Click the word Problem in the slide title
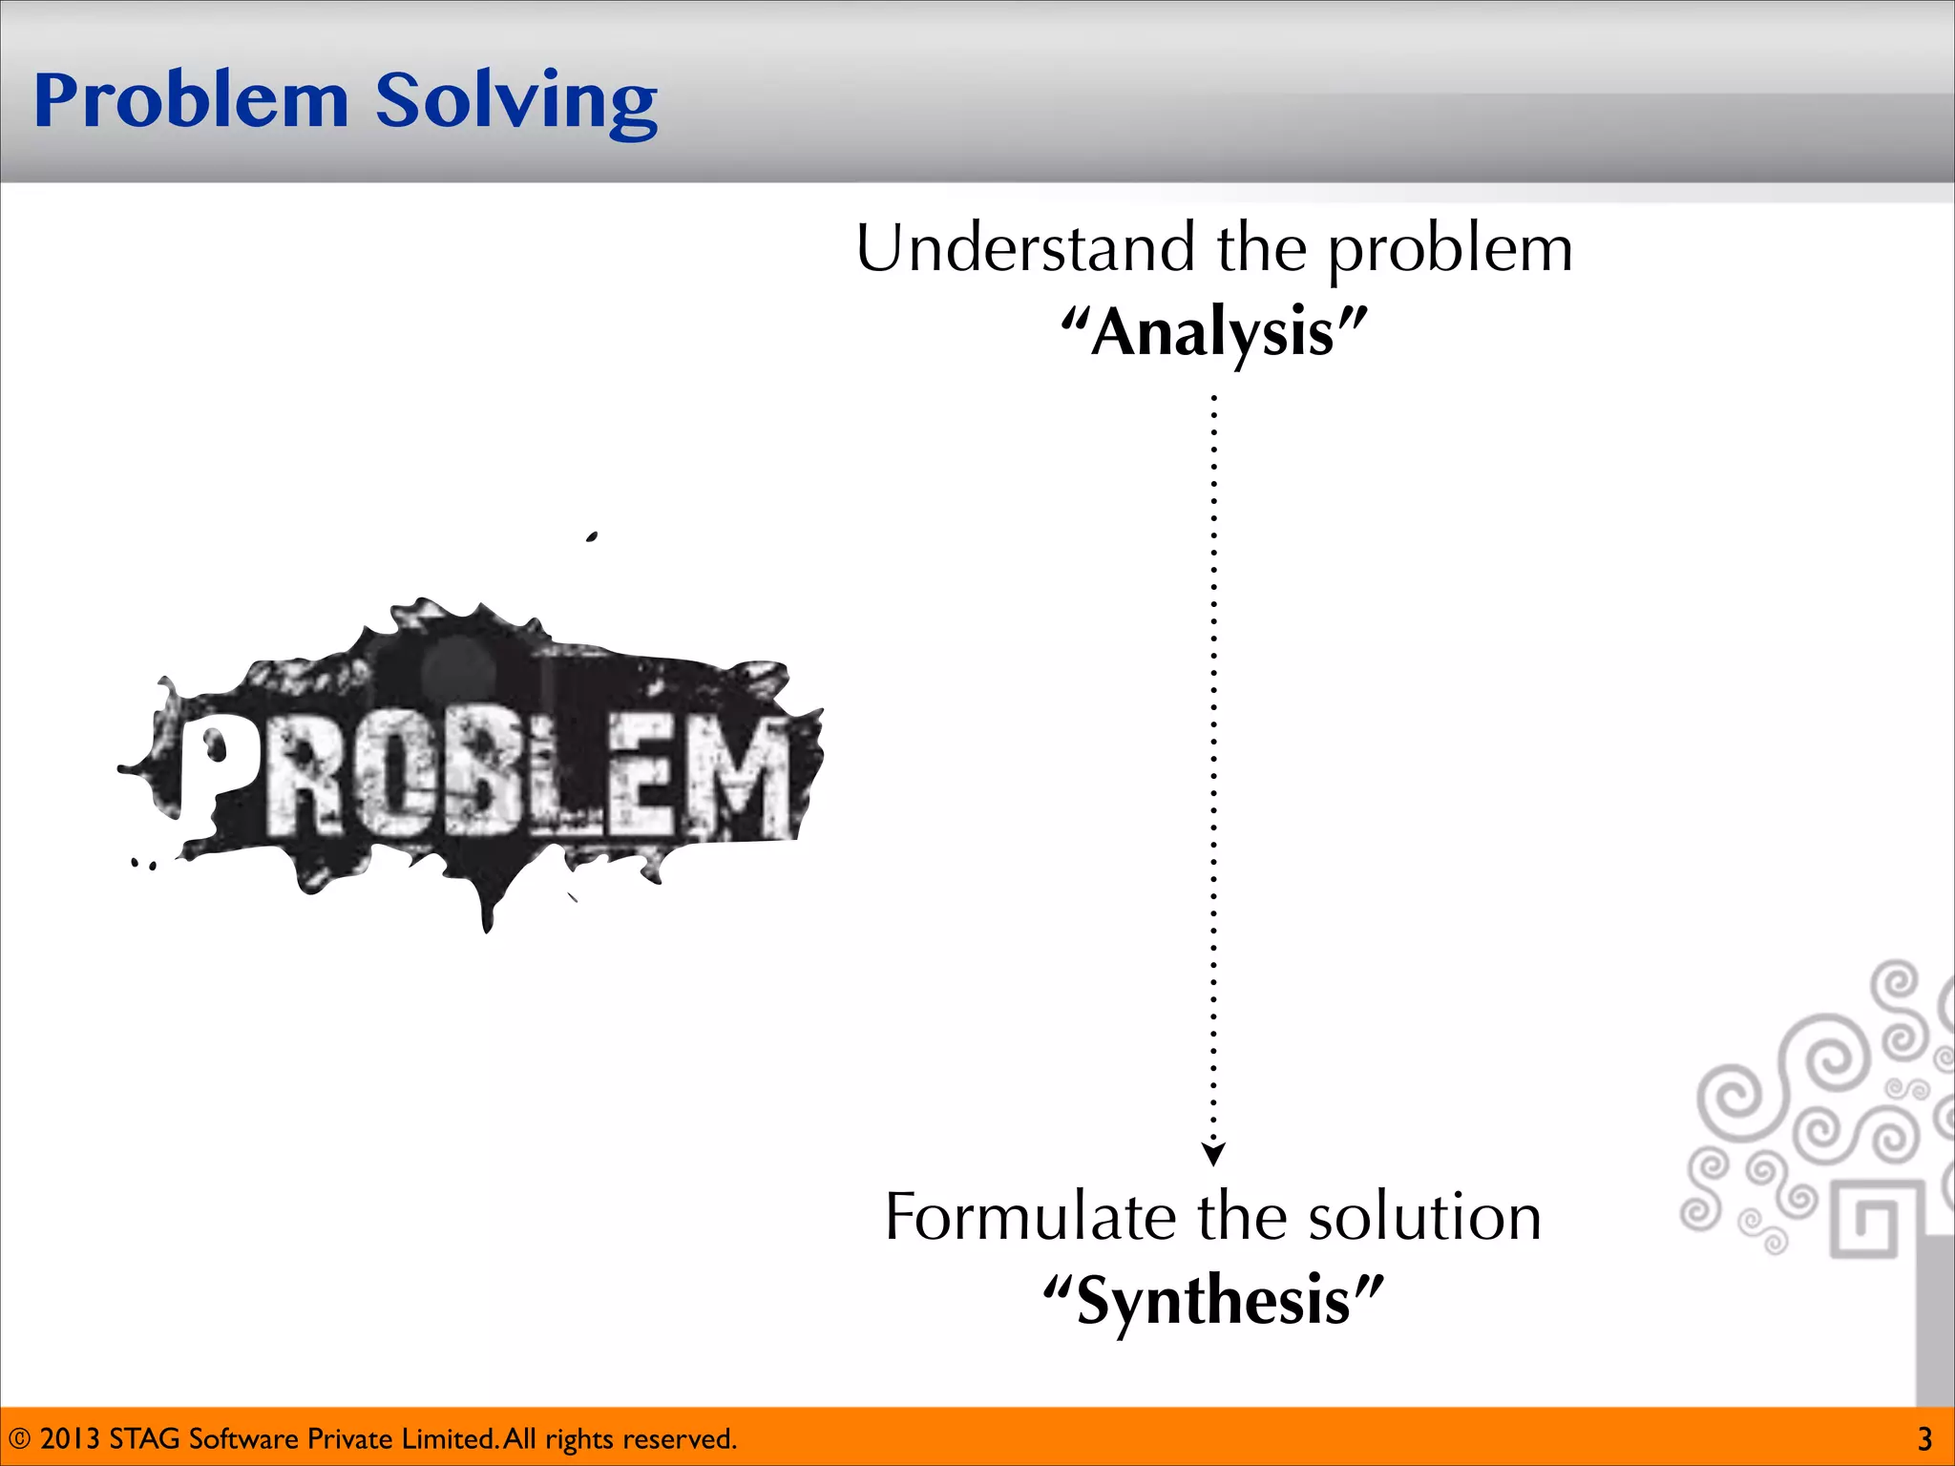pos(191,101)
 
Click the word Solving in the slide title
pos(516,101)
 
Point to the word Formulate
pos(1030,1217)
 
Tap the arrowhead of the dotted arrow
pos(1213,1155)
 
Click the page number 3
pos(1924,1438)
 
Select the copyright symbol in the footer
pos(19,1438)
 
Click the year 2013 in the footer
pos(70,1438)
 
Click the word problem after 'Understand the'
pos(1450,248)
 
